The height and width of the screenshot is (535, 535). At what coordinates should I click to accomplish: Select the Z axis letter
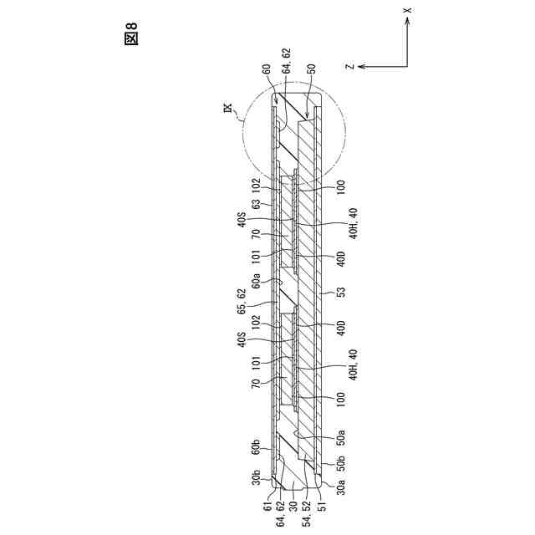click(351, 66)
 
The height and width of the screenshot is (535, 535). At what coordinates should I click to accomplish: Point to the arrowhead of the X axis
click(407, 21)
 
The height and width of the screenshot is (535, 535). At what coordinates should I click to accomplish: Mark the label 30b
click(257, 478)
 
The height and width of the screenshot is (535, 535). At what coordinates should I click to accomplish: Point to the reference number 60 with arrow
click(267, 71)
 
